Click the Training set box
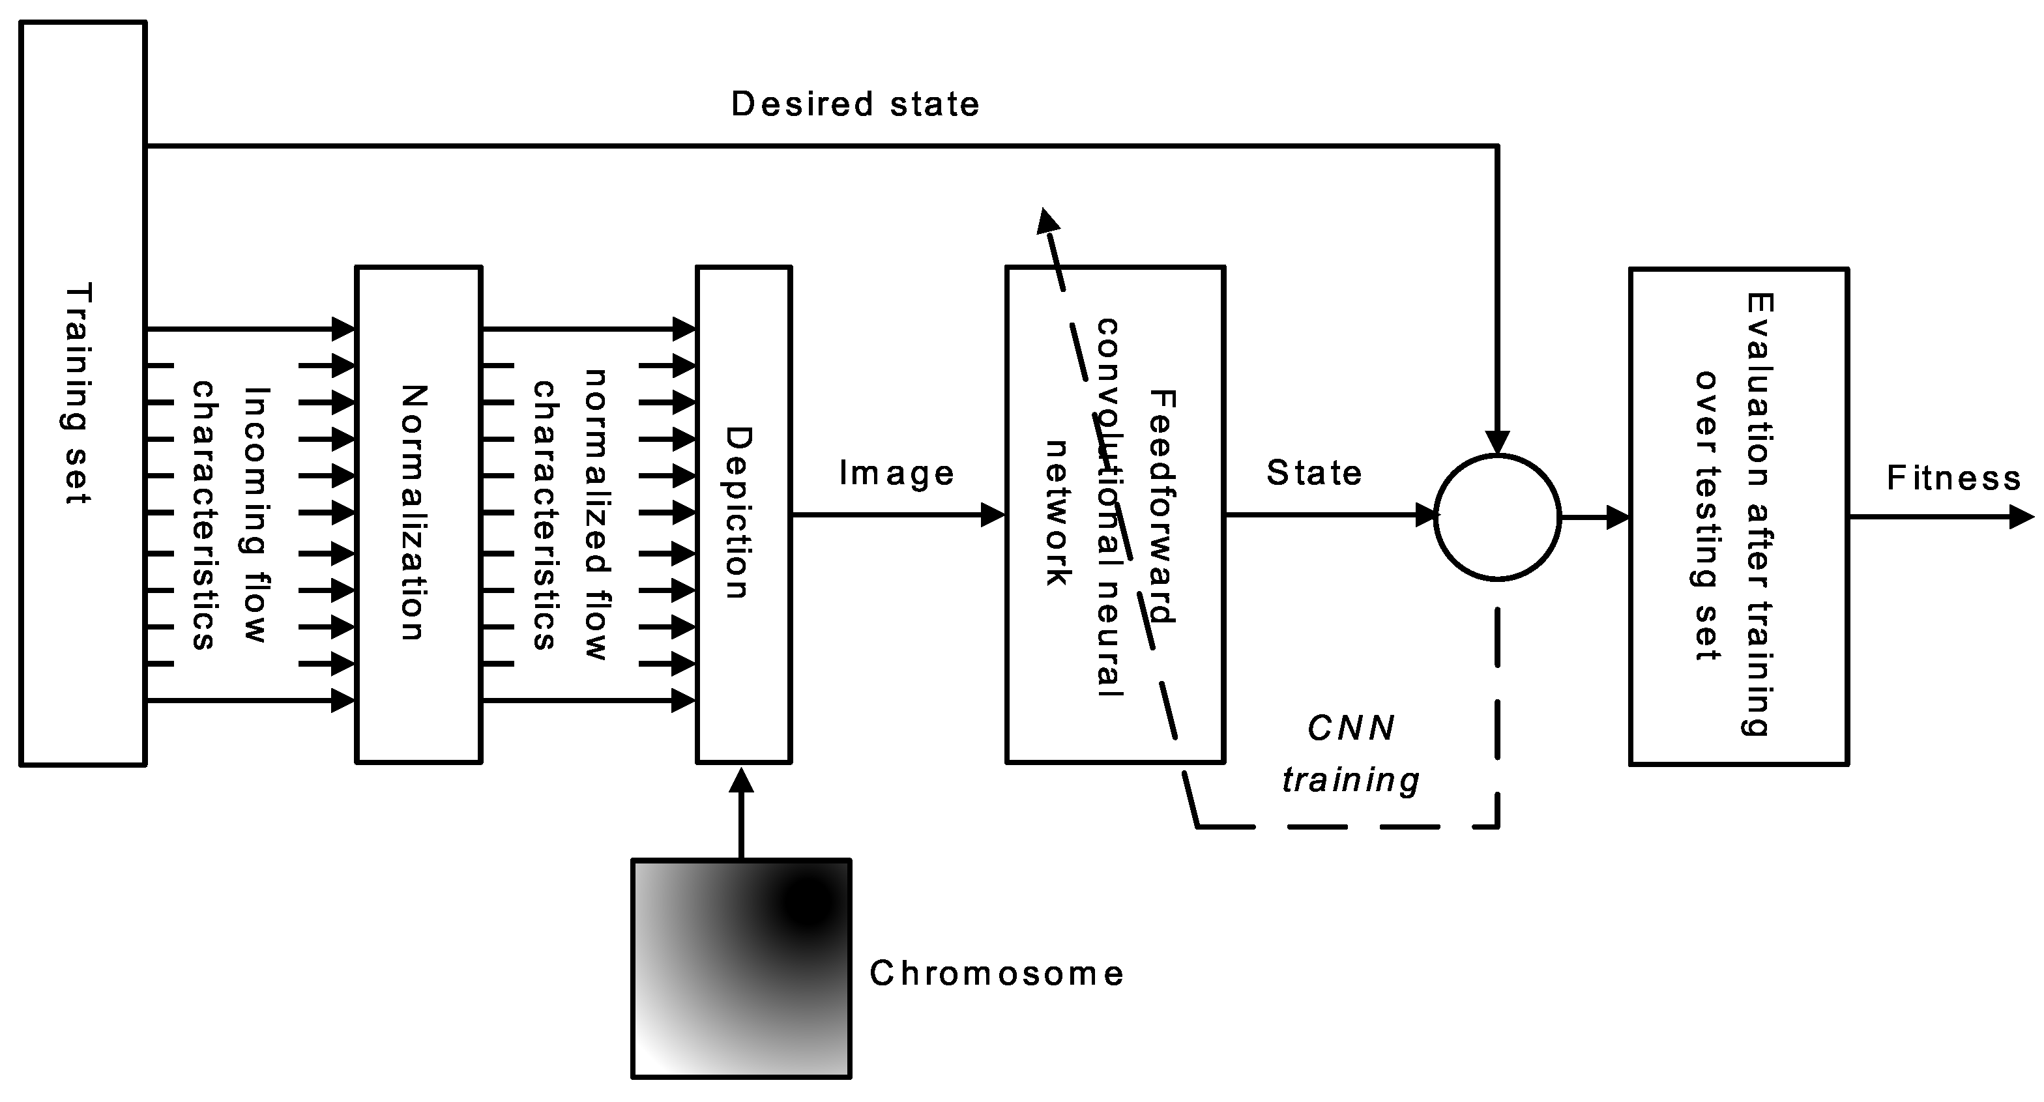click(83, 394)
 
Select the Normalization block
click(418, 514)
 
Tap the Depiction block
click(744, 514)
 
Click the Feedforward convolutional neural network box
click(1114, 514)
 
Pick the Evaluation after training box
click(1738, 517)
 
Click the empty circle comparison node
click(1496, 517)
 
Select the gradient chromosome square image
click(741, 968)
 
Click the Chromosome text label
click(997, 974)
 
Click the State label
click(1313, 473)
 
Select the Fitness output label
click(1953, 478)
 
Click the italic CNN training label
click(1350, 754)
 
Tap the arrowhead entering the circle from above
click(1496, 441)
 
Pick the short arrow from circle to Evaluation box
click(1595, 518)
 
